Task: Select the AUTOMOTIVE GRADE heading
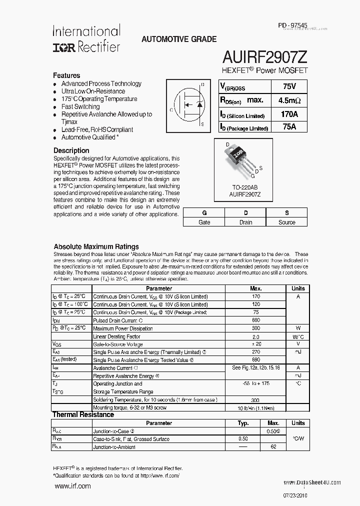[179, 39]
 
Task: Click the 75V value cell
[289, 86]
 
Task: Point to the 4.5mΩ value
[289, 100]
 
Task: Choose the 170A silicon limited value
[289, 114]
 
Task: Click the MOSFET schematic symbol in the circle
[190, 103]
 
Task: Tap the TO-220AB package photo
[241, 160]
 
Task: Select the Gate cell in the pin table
[204, 222]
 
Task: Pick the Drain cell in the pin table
[245, 222]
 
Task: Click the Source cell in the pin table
[287, 222]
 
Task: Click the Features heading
[66, 75]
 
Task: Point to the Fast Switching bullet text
[80, 106]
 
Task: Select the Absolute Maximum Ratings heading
[96, 246]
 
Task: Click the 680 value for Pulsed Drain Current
[256, 320]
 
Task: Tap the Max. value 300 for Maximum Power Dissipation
[256, 328]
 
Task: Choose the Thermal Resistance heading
[83, 414]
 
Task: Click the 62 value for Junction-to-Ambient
[273, 447]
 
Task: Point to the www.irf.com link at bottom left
[72, 486]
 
